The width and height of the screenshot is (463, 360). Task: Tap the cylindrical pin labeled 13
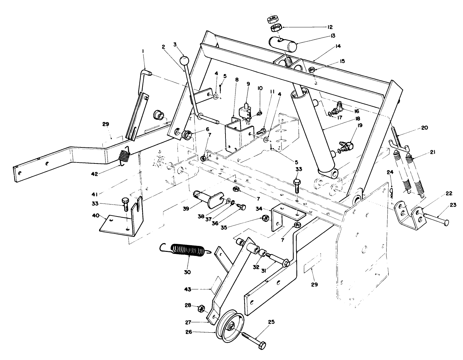click(x=283, y=44)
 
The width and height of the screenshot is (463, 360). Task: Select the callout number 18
click(x=357, y=118)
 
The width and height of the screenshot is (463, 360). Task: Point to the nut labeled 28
click(x=201, y=309)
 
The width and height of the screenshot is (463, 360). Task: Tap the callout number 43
click(x=187, y=289)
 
